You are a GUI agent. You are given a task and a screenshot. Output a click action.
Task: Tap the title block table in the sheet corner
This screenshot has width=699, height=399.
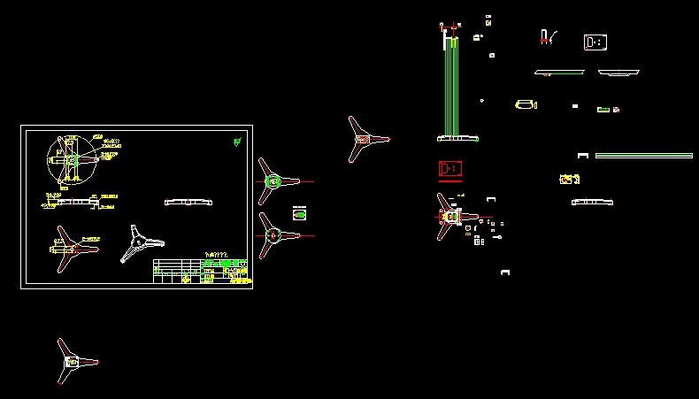pos(202,270)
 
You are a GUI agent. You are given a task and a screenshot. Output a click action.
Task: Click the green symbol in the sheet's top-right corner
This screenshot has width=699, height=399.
pos(237,141)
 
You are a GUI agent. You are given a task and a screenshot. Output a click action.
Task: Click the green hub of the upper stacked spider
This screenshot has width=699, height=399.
pos(273,181)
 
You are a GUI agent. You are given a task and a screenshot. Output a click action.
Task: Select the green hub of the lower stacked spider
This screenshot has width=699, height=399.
pos(273,235)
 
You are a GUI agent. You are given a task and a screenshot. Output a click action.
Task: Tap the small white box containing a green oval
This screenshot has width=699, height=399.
pos(300,213)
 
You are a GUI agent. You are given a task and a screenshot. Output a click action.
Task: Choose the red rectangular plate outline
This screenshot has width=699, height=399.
pos(450,168)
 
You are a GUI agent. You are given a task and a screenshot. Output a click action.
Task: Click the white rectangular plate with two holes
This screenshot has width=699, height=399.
pos(595,42)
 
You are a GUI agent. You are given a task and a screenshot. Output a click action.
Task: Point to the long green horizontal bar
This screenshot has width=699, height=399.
pos(643,156)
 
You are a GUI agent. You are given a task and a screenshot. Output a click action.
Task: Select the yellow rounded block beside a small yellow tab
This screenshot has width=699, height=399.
pos(525,105)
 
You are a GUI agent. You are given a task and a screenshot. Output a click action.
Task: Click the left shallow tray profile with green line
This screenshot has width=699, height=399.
pos(559,73)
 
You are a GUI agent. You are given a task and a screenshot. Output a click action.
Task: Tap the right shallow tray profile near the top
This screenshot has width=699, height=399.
pos(618,73)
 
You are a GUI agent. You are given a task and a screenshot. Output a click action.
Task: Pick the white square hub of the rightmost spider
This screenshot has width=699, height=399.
pos(450,215)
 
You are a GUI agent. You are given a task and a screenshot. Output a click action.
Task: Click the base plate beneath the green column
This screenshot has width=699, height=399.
pos(457,138)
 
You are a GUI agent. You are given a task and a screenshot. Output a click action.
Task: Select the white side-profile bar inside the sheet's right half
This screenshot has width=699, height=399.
pos(189,203)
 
